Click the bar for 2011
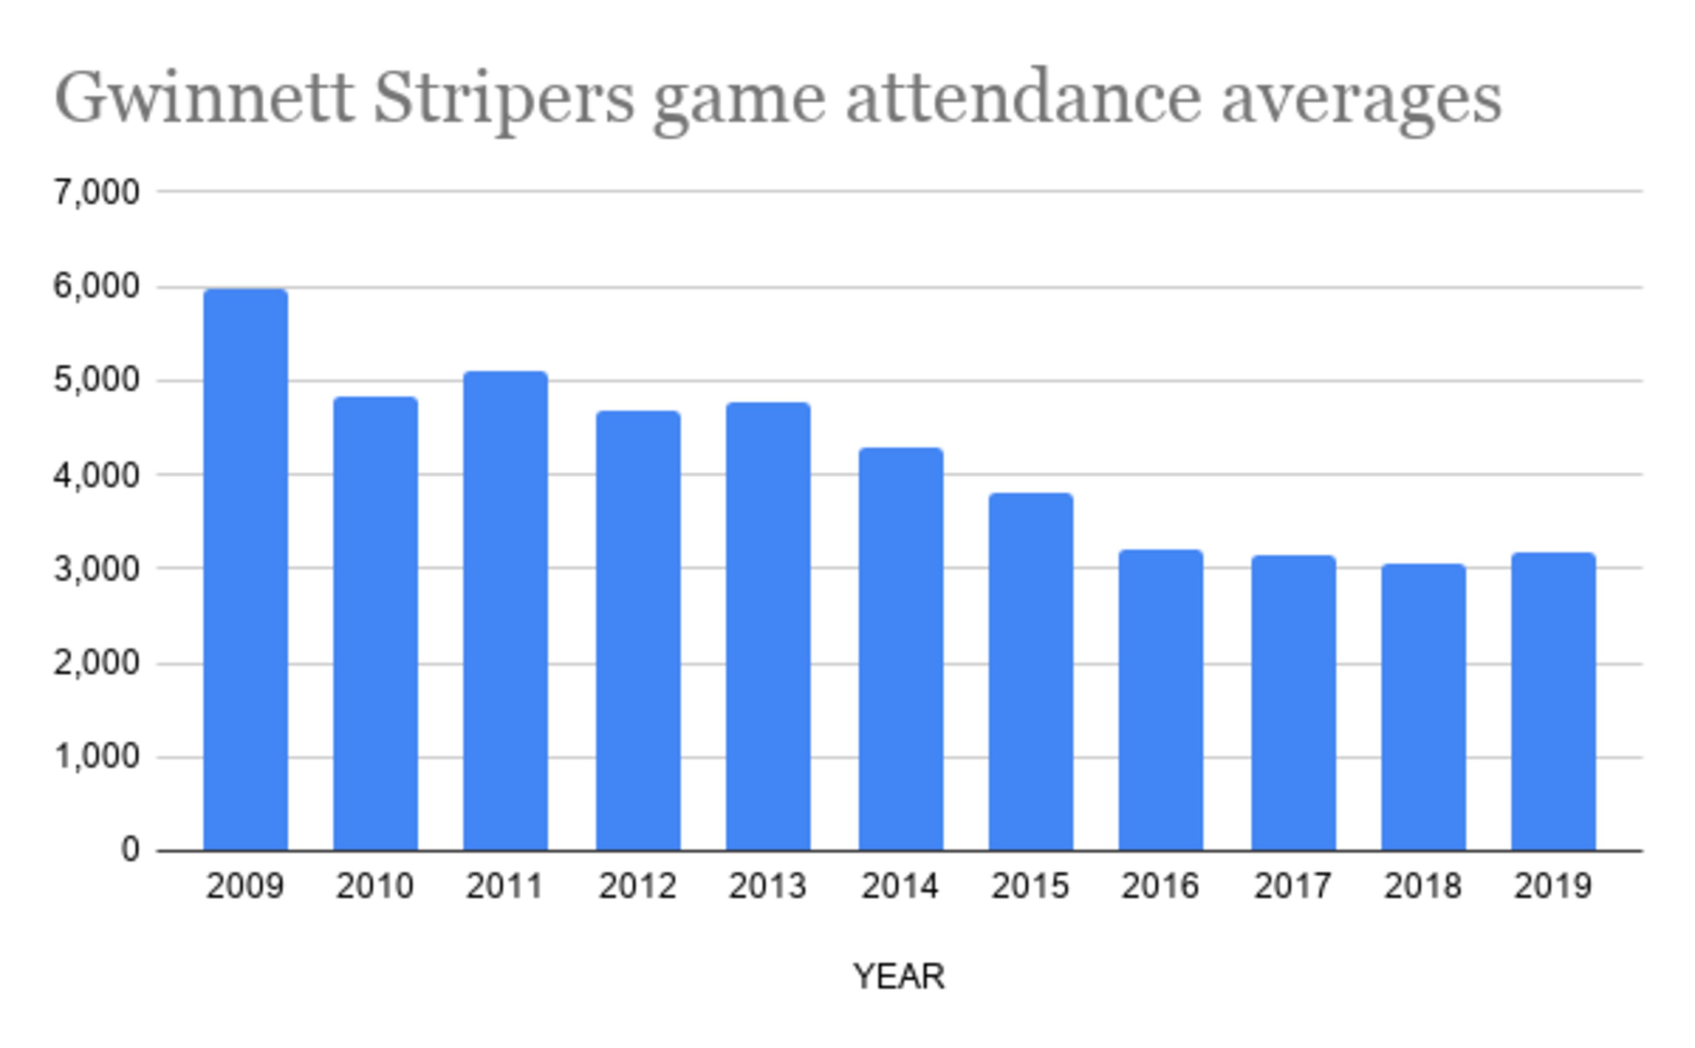(505, 611)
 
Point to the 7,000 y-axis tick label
(96, 192)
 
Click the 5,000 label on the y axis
(96, 381)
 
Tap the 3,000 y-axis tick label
(96, 569)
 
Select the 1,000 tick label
(96, 757)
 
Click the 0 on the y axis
(130, 850)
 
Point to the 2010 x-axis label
(375, 886)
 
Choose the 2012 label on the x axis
(637, 886)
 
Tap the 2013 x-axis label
(768, 886)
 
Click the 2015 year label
(1030, 886)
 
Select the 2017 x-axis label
(1293, 886)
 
